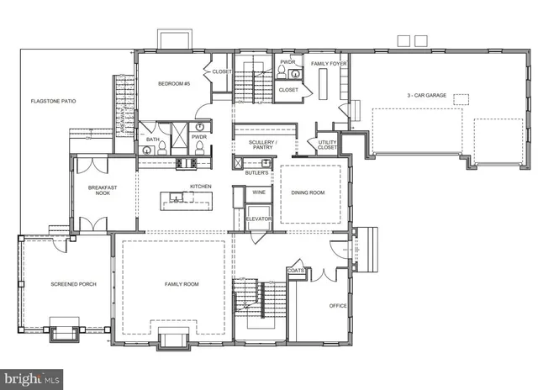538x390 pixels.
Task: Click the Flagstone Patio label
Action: point(54,101)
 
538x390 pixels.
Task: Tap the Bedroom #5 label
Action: point(174,84)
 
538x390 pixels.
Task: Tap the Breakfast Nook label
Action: point(103,190)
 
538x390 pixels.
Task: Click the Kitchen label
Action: point(199,186)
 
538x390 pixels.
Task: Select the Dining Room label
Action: point(308,193)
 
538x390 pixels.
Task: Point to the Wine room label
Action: point(258,192)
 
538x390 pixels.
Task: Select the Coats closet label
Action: point(295,271)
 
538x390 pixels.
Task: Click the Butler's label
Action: point(256,172)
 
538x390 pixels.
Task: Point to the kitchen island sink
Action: point(177,198)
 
